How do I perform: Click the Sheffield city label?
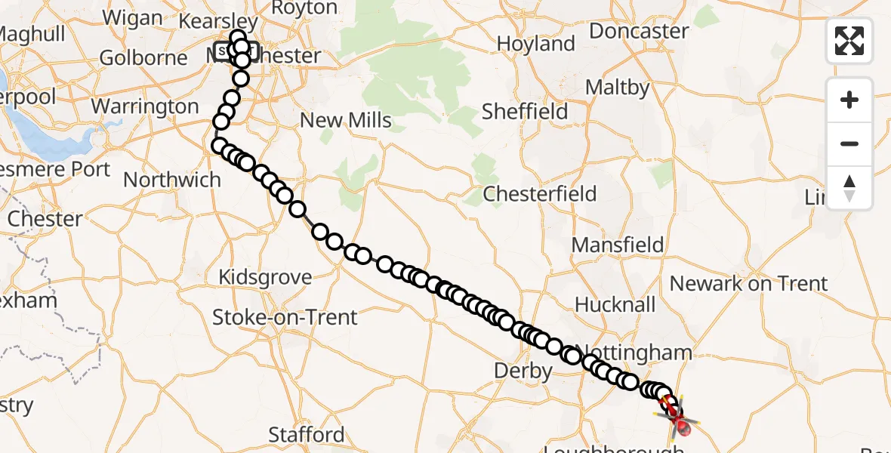point(525,112)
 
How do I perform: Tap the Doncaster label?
point(639,32)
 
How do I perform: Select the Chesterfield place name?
point(540,194)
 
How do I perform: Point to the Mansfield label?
point(618,245)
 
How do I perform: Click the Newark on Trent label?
point(748,284)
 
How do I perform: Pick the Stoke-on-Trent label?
point(285,317)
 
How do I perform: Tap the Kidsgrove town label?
point(265,277)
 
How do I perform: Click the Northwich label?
point(172,180)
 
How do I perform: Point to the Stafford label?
point(307,435)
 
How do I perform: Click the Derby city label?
point(523,371)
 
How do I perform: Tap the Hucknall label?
point(615,304)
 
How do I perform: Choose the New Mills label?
point(346,120)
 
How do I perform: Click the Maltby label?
point(617,88)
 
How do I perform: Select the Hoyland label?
point(536,44)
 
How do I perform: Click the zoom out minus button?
point(849,144)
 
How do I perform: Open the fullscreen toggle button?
point(849,41)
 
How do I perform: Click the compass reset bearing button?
point(849,188)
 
